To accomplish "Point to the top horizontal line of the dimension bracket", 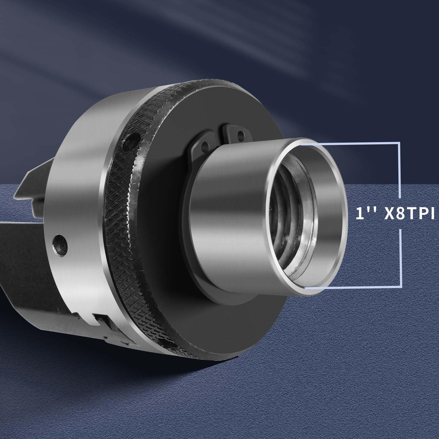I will point(349,142).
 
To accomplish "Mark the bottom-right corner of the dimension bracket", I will point(401,286).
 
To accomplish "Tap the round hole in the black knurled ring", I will point(130,141).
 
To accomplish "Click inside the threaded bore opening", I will point(292,216).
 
